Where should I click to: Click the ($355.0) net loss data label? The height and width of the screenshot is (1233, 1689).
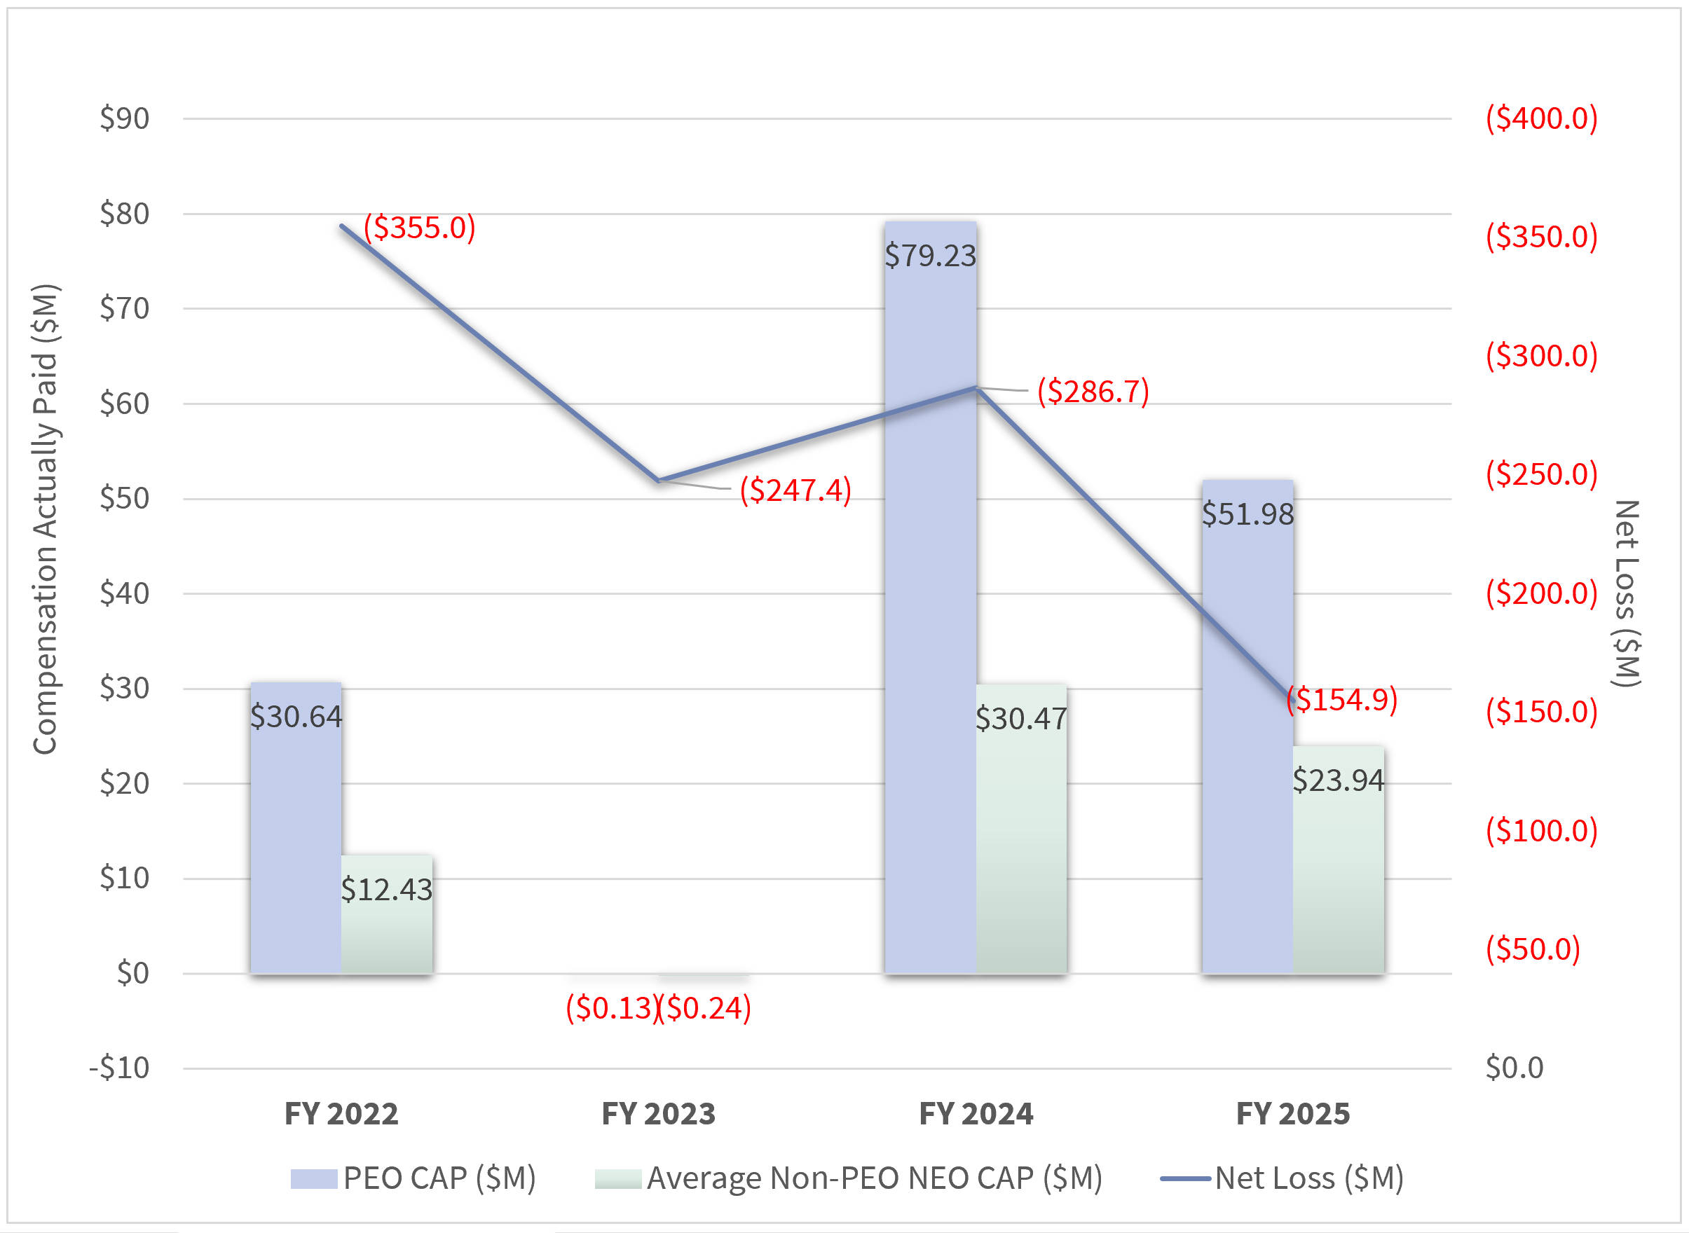tap(420, 227)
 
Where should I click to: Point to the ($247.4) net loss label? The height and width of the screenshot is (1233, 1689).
tap(795, 490)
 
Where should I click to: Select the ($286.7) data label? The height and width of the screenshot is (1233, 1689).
tap(1093, 391)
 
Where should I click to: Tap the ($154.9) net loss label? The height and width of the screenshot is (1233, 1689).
tap(1342, 699)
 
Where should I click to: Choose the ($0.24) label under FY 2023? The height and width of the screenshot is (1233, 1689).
tap(705, 1007)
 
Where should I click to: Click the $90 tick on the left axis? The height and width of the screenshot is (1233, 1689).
tap(125, 118)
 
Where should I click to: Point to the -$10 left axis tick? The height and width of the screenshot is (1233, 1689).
tap(119, 1068)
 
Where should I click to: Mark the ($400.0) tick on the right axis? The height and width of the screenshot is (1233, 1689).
tap(1541, 118)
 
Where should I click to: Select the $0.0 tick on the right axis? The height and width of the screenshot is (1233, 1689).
tap(1514, 1068)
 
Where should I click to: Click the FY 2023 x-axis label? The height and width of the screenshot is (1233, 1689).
tap(658, 1114)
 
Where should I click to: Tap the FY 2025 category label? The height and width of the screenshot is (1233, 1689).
tap(1292, 1114)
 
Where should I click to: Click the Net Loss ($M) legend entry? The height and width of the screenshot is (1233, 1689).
tap(1308, 1178)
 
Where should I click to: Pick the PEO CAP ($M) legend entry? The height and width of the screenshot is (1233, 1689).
tap(439, 1178)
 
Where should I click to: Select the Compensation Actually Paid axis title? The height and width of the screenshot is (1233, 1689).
tap(45, 518)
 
